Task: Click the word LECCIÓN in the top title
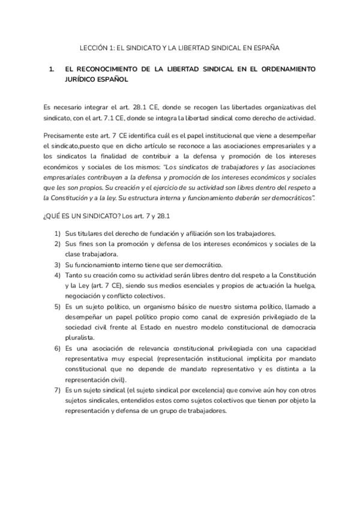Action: tap(93, 46)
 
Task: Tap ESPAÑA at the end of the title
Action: tap(266, 46)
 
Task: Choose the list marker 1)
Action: tap(58, 233)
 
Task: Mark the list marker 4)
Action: tap(58, 274)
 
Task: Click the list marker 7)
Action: tap(58, 390)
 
